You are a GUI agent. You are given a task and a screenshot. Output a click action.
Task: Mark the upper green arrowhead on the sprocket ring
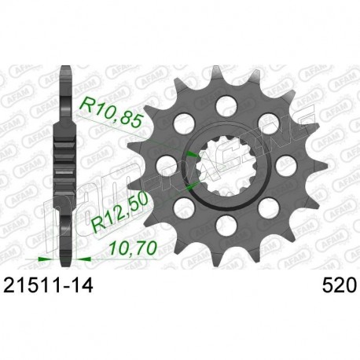(x=192, y=149)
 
